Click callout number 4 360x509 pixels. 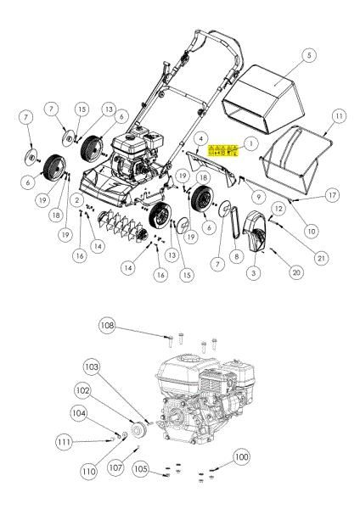click(x=200, y=137)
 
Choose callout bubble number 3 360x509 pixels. click(x=254, y=273)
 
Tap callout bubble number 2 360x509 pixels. click(x=76, y=199)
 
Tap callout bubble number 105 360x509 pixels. click(x=140, y=468)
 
